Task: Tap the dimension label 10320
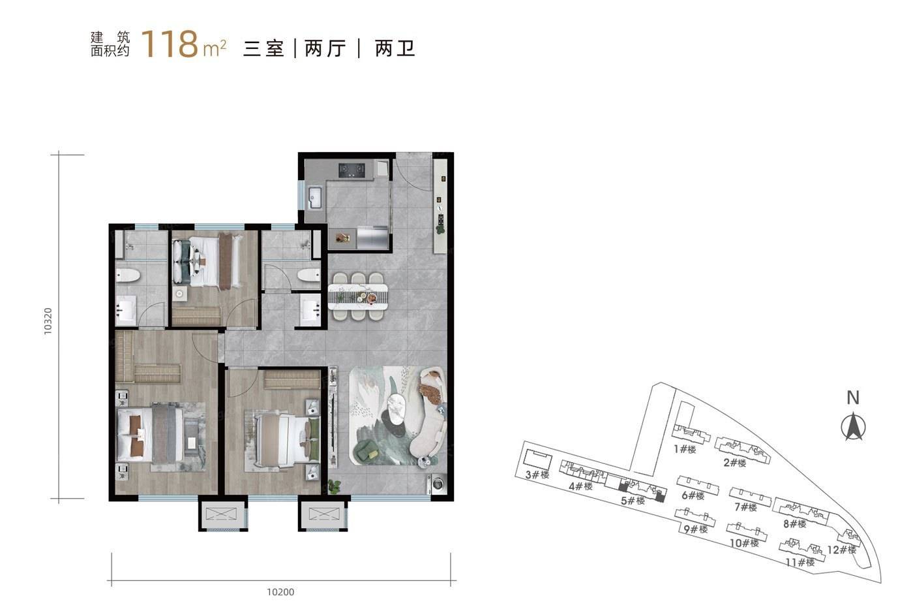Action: [x=48, y=321]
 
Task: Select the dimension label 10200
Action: [x=280, y=592]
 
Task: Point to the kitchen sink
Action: [x=316, y=198]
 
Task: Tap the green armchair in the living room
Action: [x=367, y=451]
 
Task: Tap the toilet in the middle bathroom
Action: [x=309, y=276]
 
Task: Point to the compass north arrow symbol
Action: [x=853, y=427]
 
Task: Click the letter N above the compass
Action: [x=853, y=398]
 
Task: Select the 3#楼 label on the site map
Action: [x=537, y=475]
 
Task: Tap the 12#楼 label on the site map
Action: [x=842, y=550]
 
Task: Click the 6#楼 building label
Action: [x=693, y=495]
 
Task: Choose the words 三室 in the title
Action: [x=263, y=48]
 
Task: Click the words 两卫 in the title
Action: [x=395, y=48]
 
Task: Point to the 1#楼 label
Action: [x=685, y=450]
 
